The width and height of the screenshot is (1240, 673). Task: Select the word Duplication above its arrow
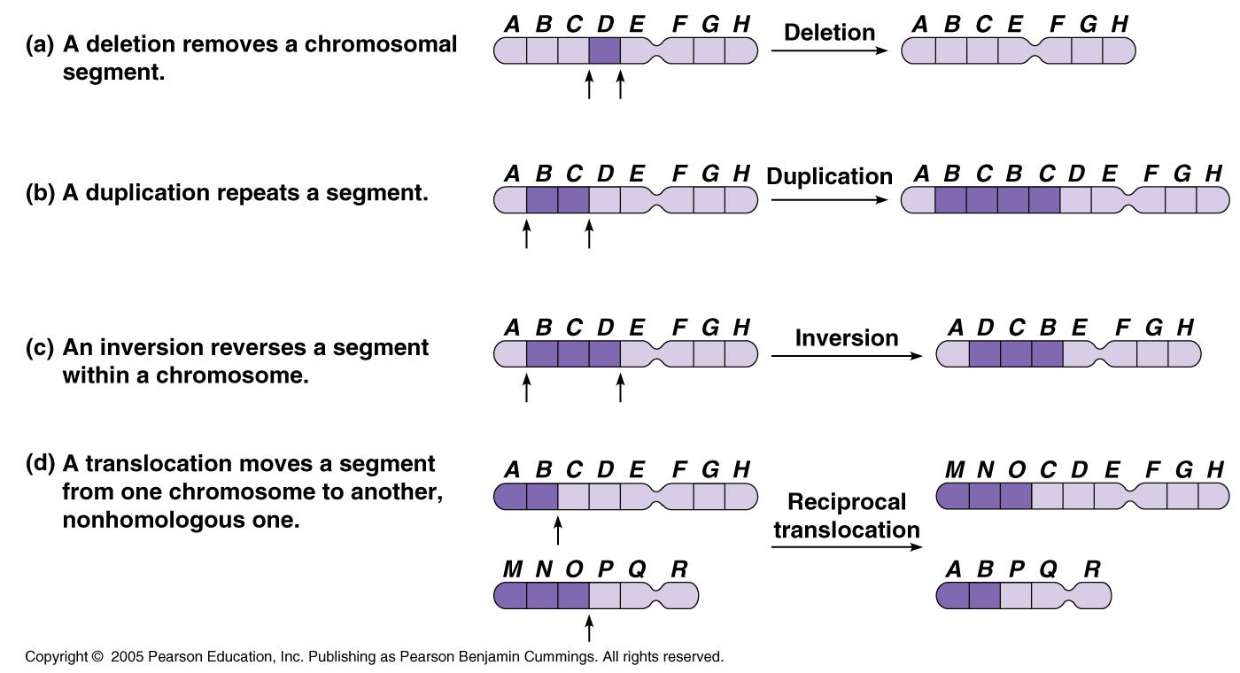pos(829,176)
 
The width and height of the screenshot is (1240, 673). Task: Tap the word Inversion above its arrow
pos(846,337)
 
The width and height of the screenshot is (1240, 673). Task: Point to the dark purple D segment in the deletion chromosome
pos(605,50)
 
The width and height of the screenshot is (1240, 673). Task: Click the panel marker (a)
pos(41,44)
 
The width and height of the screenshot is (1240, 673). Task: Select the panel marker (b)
pos(41,192)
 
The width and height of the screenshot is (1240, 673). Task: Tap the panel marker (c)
pos(41,347)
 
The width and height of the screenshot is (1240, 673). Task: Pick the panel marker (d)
pos(41,464)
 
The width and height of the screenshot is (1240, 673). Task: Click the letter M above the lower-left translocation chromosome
pos(512,569)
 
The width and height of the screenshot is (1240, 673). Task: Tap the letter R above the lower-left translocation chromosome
pos(678,569)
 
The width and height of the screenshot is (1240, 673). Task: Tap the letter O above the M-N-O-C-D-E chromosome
pos(1017,469)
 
